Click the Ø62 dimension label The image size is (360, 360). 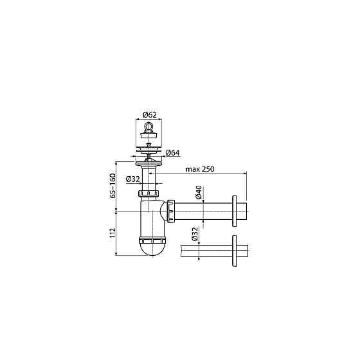149,114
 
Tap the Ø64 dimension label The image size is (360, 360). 173,153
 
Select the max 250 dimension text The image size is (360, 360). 200,169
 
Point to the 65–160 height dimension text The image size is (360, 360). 113,186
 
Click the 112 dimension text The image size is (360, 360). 113,233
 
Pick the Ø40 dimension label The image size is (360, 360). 199,192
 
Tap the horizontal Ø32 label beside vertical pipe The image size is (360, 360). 133,179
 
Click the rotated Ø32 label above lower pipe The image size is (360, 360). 194,234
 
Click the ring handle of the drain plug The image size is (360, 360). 148,127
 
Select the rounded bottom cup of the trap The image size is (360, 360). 152,249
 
